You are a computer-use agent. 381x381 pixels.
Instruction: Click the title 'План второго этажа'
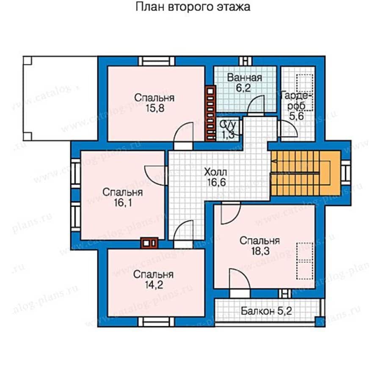[x=193, y=7]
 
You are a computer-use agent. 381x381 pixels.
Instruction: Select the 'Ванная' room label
[x=244, y=78]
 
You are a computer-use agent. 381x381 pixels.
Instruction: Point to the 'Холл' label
[x=215, y=172]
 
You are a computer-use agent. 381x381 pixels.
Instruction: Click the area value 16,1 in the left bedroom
[x=122, y=203]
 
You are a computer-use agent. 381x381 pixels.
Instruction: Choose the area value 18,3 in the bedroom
[x=260, y=251]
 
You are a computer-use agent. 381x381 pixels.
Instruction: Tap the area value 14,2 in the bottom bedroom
[x=153, y=284]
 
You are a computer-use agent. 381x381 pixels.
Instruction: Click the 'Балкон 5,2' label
[x=266, y=312]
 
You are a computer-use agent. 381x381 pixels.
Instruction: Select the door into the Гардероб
[x=287, y=128]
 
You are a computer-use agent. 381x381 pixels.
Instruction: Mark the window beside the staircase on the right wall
[x=346, y=173]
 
